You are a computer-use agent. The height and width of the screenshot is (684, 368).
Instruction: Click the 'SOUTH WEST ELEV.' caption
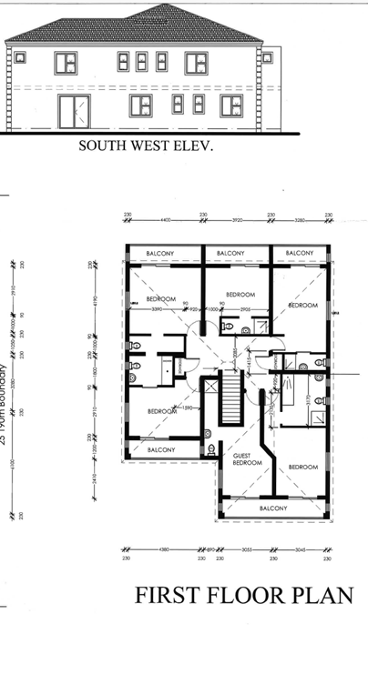click(145, 144)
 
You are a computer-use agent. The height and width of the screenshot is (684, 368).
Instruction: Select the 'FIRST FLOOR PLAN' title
click(243, 595)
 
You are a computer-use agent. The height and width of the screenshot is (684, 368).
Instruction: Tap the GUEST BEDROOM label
click(247, 458)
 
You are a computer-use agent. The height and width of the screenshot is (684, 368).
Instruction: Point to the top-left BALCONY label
click(162, 253)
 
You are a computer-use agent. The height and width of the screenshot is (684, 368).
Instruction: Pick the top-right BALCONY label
click(298, 253)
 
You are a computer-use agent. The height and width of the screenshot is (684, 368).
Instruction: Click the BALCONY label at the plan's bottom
click(273, 508)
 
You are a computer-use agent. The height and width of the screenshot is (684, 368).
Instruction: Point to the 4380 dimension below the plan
click(164, 549)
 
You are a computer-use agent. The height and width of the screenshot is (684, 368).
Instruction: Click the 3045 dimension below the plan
click(300, 549)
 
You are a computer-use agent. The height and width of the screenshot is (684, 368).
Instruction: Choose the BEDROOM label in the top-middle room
click(239, 294)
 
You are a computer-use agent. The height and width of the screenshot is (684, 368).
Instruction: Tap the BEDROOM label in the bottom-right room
click(302, 467)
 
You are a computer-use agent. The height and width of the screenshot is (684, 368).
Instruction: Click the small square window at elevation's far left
click(17, 56)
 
